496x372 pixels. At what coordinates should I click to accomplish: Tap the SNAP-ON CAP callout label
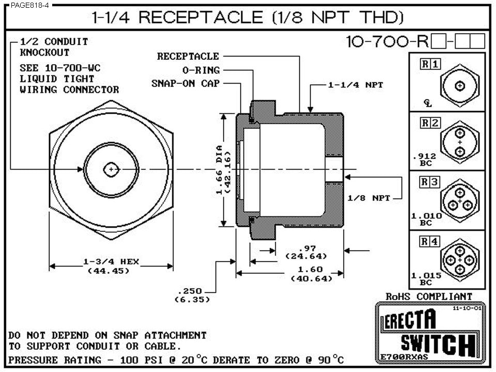coord(185,83)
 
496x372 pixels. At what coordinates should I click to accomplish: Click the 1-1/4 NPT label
coord(355,85)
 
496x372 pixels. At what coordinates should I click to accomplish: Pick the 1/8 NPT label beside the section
coord(368,197)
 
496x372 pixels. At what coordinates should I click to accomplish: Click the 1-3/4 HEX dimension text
coord(111,261)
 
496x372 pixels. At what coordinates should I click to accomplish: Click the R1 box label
coord(430,64)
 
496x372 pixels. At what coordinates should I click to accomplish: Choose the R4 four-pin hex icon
coord(459,260)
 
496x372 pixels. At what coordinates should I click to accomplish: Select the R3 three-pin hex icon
coord(459,201)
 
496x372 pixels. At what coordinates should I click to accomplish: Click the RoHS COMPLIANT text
coord(429,296)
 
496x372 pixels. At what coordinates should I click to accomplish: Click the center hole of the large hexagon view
coord(111,169)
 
